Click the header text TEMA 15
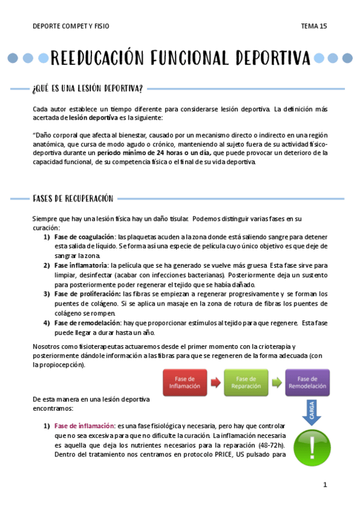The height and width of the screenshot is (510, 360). click(314, 26)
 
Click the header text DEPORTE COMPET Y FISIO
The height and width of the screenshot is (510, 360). click(71, 26)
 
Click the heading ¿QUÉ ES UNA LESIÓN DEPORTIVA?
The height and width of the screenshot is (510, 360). click(87, 89)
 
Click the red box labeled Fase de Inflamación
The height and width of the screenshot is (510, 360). click(185, 382)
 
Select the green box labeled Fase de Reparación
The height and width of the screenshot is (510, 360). click(246, 382)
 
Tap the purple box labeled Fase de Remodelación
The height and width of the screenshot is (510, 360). click(307, 382)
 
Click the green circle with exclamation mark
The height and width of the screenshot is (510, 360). click(311, 448)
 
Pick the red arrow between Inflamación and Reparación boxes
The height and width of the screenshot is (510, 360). click(215, 382)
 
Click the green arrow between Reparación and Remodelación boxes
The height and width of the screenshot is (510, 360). click(276, 382)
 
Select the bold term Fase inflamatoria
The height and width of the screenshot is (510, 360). click(81, 265)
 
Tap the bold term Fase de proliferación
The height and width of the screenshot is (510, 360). click(87, 293)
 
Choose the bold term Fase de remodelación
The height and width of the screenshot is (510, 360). click(88, 323)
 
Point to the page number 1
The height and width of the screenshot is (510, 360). click(325, 485)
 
